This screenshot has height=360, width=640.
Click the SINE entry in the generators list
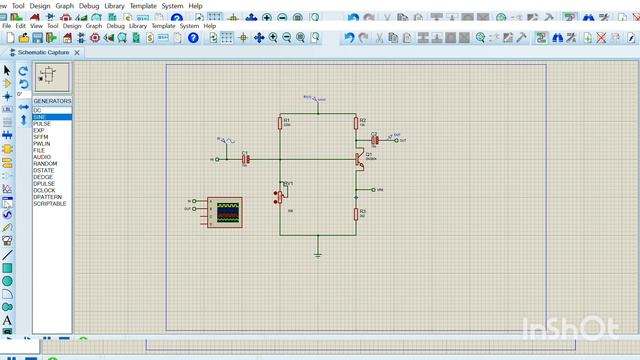40,117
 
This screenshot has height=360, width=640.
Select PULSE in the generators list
42,124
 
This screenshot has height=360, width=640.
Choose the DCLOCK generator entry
45,190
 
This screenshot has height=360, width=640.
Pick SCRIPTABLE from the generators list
50,203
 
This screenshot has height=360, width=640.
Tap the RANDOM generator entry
45,163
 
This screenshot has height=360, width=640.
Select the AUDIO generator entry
42,157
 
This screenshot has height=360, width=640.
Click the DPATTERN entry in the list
48,196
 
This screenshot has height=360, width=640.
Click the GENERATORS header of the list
52,101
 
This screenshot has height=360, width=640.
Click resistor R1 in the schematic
280,123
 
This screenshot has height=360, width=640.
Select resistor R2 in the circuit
356,123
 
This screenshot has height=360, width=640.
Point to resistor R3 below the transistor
356,213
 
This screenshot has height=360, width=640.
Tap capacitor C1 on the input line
245,159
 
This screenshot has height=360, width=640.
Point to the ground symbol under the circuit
318,253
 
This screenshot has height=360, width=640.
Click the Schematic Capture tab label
45,52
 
